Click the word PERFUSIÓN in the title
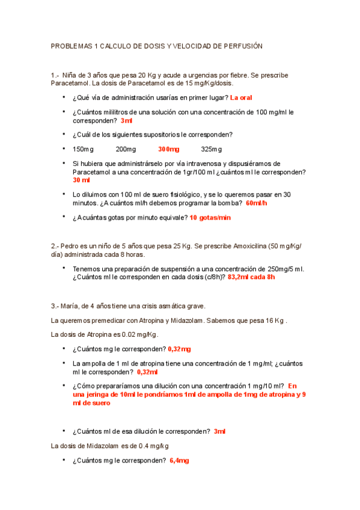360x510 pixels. click(239, 46)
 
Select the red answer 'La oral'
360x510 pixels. click(241, 97)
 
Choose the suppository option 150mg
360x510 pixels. click(83, 149)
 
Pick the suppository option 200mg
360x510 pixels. click(126, 149)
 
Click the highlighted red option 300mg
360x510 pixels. click(168, 149)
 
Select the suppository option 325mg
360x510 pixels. click(212, 149)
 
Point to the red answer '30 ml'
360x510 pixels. click(81, 180)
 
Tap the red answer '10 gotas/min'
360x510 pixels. click(210, 218)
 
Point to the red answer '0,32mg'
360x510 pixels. click(179, 348)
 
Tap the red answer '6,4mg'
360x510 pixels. click(179, 461)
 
